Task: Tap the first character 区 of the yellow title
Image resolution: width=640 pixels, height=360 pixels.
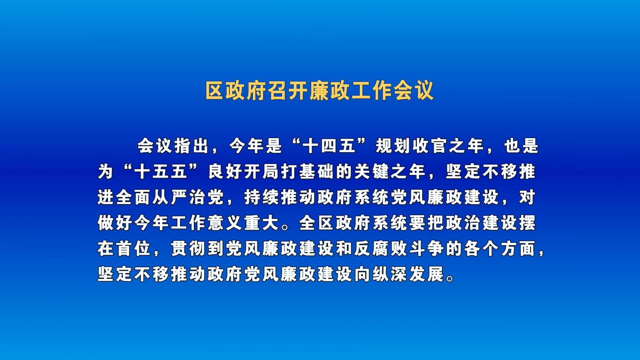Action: pos(215,90)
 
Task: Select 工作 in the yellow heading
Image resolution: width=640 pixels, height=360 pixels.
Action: pos(372,90)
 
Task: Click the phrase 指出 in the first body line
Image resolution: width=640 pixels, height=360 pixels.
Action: pos(191,146)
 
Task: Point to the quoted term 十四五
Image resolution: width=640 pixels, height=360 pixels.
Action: pos(329,146)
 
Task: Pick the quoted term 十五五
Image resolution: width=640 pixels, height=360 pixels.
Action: pos(160,172)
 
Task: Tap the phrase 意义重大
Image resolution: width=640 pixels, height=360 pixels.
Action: pos(243,223)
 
